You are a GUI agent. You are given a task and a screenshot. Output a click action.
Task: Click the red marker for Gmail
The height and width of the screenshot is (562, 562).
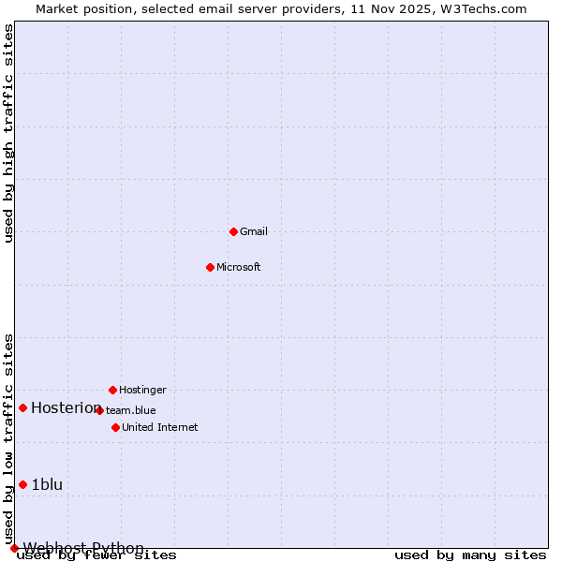tap(233, 231)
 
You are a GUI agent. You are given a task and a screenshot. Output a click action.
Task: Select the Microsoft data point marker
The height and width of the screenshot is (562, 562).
tap(210, 267)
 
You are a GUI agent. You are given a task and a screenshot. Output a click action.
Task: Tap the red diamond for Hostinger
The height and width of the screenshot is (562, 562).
tap(112, 390)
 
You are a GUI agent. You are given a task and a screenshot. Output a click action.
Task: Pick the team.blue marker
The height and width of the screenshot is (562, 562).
tap(99, 410)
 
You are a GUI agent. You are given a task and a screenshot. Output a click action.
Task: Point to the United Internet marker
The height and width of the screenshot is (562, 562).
tap(115, 427)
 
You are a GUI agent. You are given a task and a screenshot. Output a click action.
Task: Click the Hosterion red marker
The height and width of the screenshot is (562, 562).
tap(22, 407)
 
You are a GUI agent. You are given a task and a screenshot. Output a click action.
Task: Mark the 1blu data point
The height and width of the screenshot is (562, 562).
tap(22, 484)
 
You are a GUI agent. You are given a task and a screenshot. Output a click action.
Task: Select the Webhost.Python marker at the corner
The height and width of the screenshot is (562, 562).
tap(14, 548)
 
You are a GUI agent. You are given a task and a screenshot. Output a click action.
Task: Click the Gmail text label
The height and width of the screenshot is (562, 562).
tap(253, 231)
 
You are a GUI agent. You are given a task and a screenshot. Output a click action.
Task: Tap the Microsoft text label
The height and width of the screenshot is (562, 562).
tap(238, 267)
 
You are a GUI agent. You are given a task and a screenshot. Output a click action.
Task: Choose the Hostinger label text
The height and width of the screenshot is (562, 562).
tap(142, 390)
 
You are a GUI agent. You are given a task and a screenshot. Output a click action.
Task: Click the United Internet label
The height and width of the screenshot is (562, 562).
tap(159, 427)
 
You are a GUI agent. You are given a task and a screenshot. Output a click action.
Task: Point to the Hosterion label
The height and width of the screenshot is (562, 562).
tap(66, 407)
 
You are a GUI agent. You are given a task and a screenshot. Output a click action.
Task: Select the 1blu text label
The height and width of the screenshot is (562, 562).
tap(47, 484)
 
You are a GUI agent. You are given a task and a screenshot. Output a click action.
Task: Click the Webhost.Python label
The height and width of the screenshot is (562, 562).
tap(83, 548)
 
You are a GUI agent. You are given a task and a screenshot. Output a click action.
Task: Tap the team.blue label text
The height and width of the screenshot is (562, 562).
tap(131, 410)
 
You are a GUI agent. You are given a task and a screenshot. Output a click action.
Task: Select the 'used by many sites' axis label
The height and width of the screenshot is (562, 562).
tap(469, 555)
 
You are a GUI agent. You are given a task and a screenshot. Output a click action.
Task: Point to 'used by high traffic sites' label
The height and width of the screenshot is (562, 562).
tap(9, 134)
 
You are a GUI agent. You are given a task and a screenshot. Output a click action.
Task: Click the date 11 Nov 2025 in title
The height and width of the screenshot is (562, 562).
tap(396, 9)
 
